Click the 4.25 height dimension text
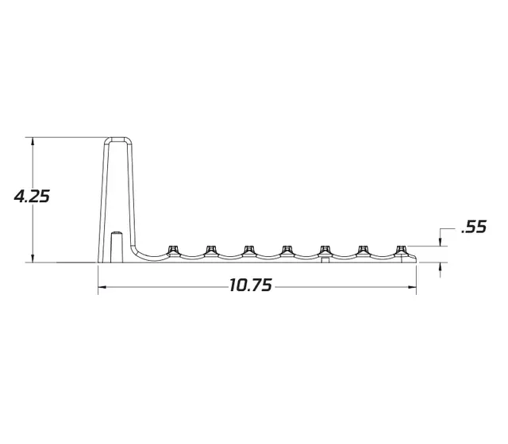[32, 196]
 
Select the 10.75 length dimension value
[251, 285]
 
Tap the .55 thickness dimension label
[473, 228]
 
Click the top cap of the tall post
[119, 140]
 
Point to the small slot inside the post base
[115, 246]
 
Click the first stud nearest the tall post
[172, 250]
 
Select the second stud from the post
[211, 250]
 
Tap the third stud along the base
[249, 250]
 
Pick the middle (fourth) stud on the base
[287, 250]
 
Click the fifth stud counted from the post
[325, 250]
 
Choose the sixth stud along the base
[364, 250]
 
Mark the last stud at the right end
[402, 250]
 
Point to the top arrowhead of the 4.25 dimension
[32, 141]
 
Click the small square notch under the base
[324, 260]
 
